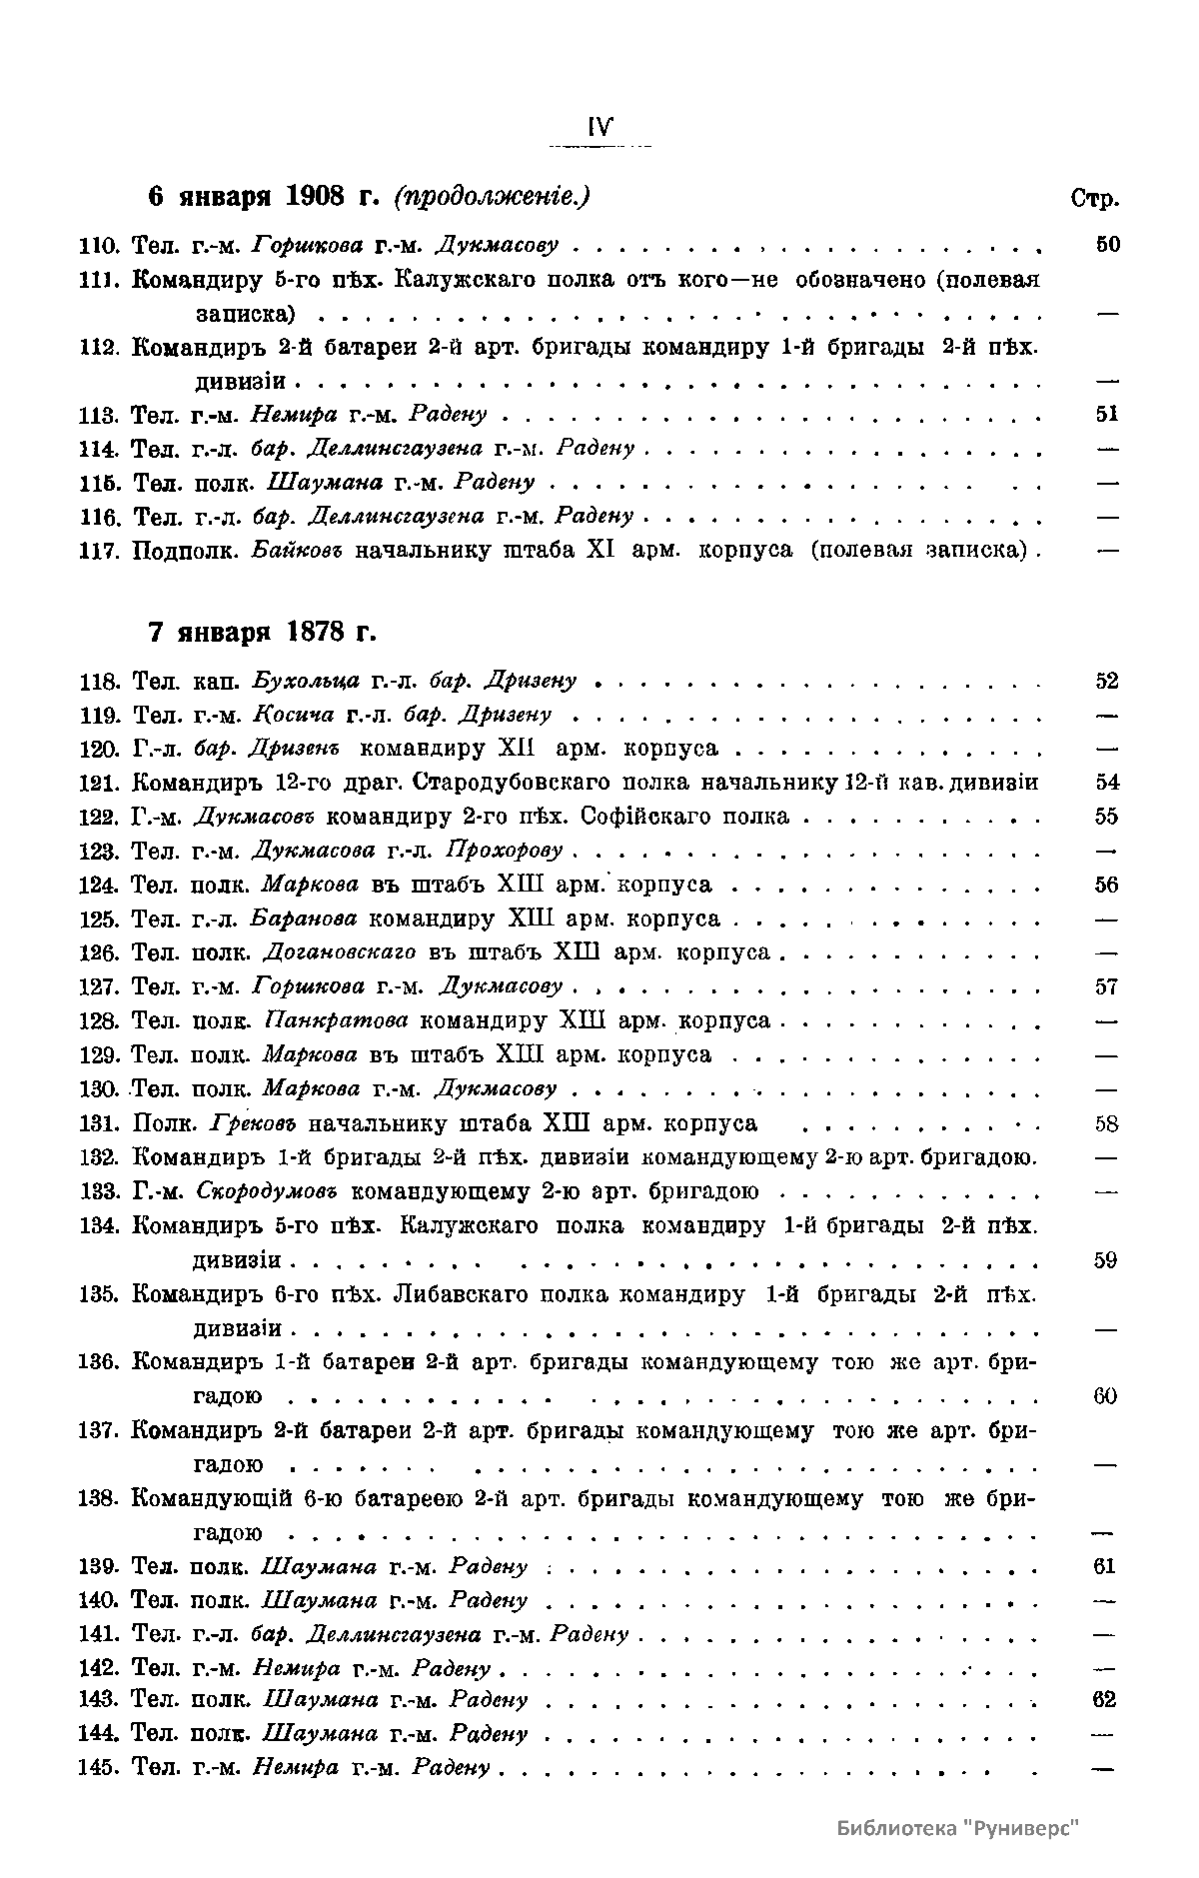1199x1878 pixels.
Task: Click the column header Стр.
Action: pyautogui.click(x=1093, y=198)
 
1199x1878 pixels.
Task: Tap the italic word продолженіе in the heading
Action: pyautogui.click(x=492, y=197)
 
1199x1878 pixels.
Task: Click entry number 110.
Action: pyautogui.click(x=98, y=245)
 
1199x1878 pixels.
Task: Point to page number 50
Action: pyautogui.click(x=1106, y=245)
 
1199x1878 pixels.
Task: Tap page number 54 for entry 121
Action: pyautogui.click(x=1106, y=783)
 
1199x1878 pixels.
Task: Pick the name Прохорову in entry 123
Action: pyautogui.click(x=504, y=851)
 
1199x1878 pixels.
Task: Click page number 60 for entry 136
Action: pyautogui.click(x=1105, y=1396)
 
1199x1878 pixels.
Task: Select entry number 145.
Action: pyautogui.click(x=98, y=1768)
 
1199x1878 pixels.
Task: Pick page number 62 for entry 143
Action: pyautogui.click(x=1104, y=1700)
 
